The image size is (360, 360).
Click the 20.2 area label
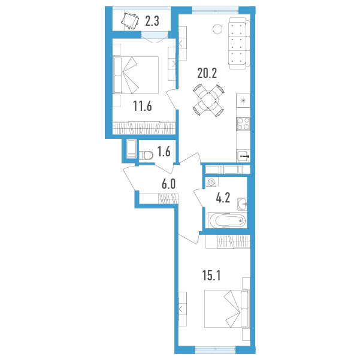[207, 73]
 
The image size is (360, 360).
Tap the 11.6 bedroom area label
[143, 106]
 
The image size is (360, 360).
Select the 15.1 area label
[211, 276]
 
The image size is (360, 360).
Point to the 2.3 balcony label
[152, 21]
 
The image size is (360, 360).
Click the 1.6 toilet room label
[164, 152]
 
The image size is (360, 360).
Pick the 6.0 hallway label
[168, 184]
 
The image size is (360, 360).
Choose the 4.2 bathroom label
[223, 198]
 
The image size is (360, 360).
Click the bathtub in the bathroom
[227, 220]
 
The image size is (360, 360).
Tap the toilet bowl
[146, 155]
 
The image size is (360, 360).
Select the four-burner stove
[243, 124]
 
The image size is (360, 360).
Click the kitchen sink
[244, 156]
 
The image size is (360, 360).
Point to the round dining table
[208, 100]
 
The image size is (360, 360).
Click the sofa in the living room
[239, 43]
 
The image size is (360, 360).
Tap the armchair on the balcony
[130, 22]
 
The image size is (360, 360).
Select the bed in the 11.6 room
[136, 75]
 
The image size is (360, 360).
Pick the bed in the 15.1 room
[227, 308]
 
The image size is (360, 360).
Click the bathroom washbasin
[243, 204]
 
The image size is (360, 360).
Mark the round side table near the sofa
[217, 29]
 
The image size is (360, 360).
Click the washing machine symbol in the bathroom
[211, 182]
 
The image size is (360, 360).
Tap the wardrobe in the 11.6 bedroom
[144, 128]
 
